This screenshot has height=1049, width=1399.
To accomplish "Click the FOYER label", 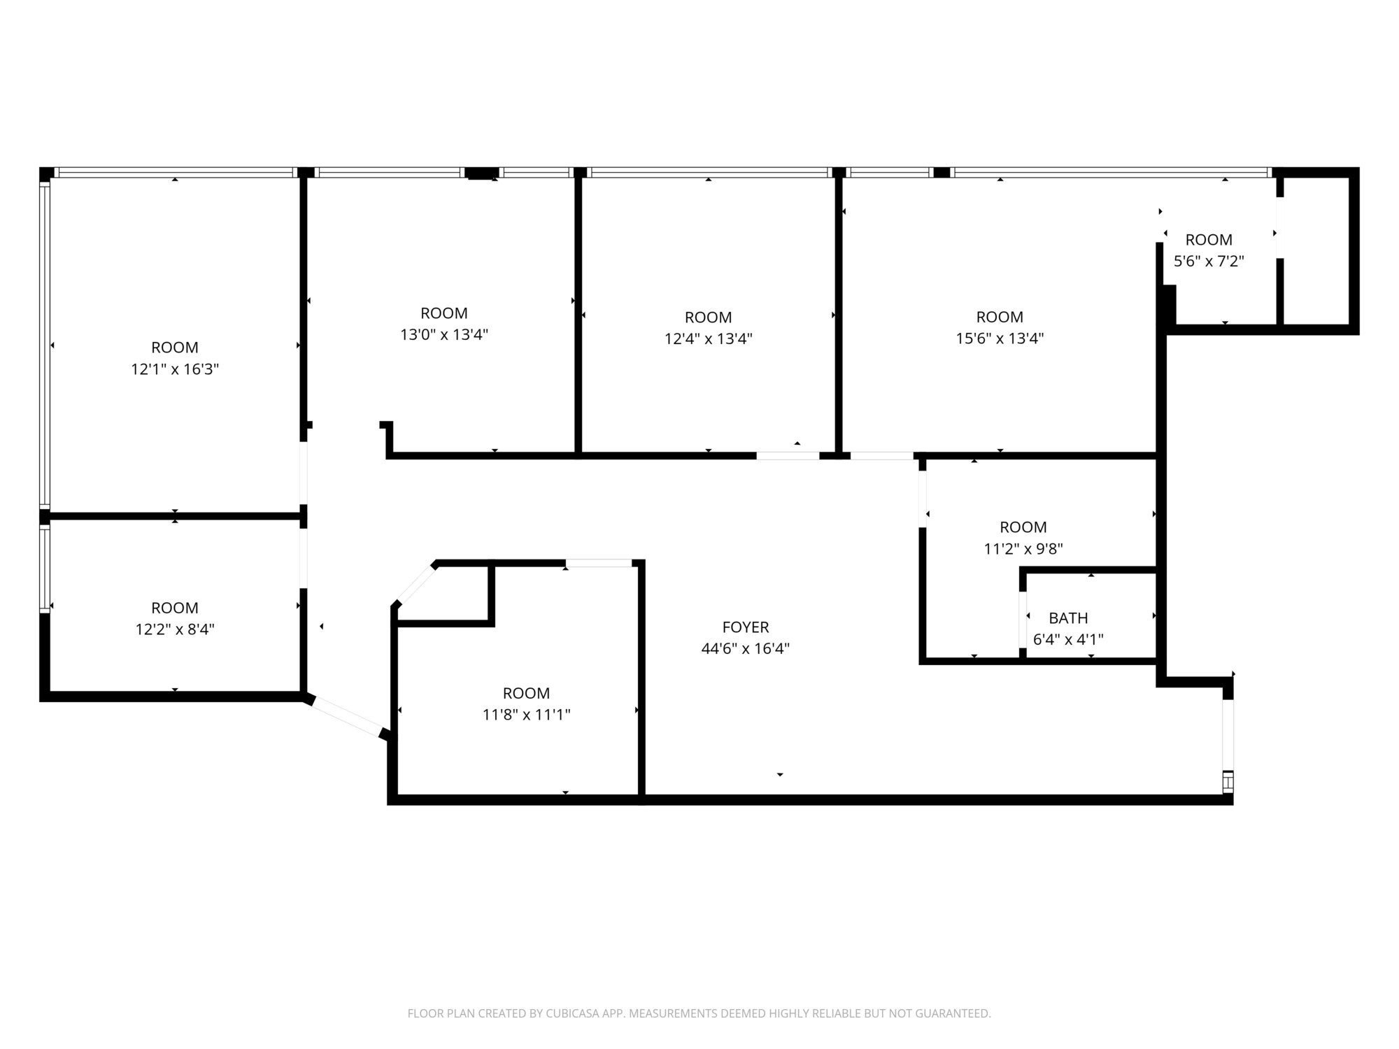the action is (746, 627).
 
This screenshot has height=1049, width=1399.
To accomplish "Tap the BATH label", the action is (1068, 618).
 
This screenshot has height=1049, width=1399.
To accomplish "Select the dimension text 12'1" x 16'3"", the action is (175, 369).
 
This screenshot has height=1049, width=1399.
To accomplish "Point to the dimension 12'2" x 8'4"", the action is (175, 629).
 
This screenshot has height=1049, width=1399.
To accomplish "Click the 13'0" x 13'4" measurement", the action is (444, 335).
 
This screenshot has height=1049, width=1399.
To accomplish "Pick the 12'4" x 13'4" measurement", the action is (709, 339).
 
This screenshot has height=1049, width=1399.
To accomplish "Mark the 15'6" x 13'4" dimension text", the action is (1000, 338).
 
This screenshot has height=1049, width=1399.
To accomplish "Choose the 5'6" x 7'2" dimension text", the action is (1209, 262).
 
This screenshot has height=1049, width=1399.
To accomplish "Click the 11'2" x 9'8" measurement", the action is (1023, 549).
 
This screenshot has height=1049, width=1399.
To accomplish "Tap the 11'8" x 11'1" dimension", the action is (527, 715).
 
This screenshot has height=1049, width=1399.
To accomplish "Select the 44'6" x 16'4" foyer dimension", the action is (746, 649).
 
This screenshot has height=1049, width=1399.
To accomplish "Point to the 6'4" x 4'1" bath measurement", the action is (1068, 639).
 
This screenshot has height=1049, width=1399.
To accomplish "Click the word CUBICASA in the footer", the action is (572, 1013).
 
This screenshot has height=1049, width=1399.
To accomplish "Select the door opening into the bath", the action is (1023, 620).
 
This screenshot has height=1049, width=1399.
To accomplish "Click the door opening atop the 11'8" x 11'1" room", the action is (599, 563).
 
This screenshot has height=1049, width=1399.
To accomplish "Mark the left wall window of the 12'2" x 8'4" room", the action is (45, 569).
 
